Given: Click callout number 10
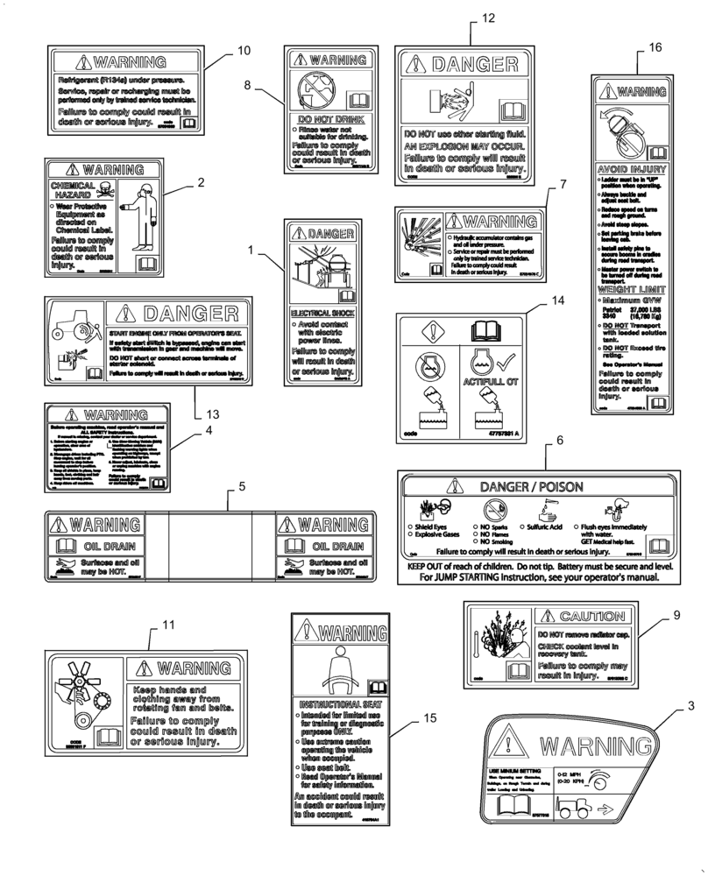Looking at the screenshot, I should (x=243, y=50).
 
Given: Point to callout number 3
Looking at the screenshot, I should (x=690, y=706).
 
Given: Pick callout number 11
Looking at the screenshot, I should (x=169, y=625).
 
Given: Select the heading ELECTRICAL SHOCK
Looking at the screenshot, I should (x=322, y=311).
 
